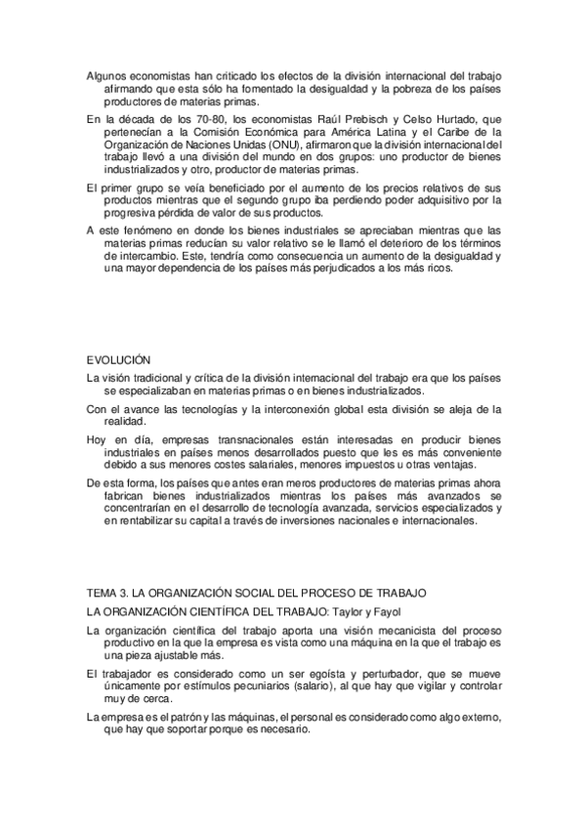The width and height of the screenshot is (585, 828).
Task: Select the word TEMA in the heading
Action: pos(101,594)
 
